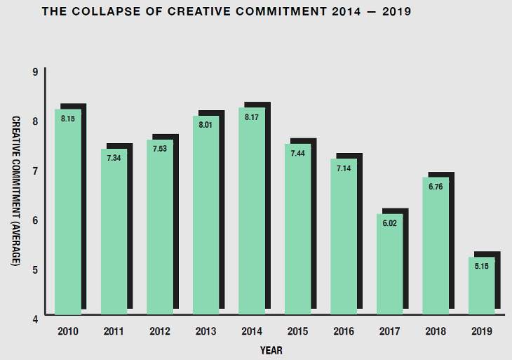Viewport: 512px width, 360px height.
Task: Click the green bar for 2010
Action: coord(68,211)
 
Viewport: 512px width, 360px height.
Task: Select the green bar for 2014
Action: coord(252,211)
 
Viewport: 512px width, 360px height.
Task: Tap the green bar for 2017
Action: coord(389,263)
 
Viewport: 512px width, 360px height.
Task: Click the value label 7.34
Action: coord(114,158)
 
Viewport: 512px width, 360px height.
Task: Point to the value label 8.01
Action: coord(206,125)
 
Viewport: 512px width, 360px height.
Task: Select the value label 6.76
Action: coord(435,187)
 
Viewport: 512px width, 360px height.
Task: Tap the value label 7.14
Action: coord(343,169)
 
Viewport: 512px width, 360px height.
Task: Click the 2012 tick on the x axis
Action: coord(160,330)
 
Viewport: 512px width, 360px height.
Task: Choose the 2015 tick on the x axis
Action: coord(298,330)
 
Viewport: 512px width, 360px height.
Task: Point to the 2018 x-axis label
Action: coord(436,330)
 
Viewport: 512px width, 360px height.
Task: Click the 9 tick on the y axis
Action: coord(34,72)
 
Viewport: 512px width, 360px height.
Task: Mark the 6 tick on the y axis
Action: coord(34,220)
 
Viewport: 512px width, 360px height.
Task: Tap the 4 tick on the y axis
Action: coord(34,319)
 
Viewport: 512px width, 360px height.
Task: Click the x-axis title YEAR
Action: coord(271,349)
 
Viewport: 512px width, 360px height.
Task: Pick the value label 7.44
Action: coord(297,153)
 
